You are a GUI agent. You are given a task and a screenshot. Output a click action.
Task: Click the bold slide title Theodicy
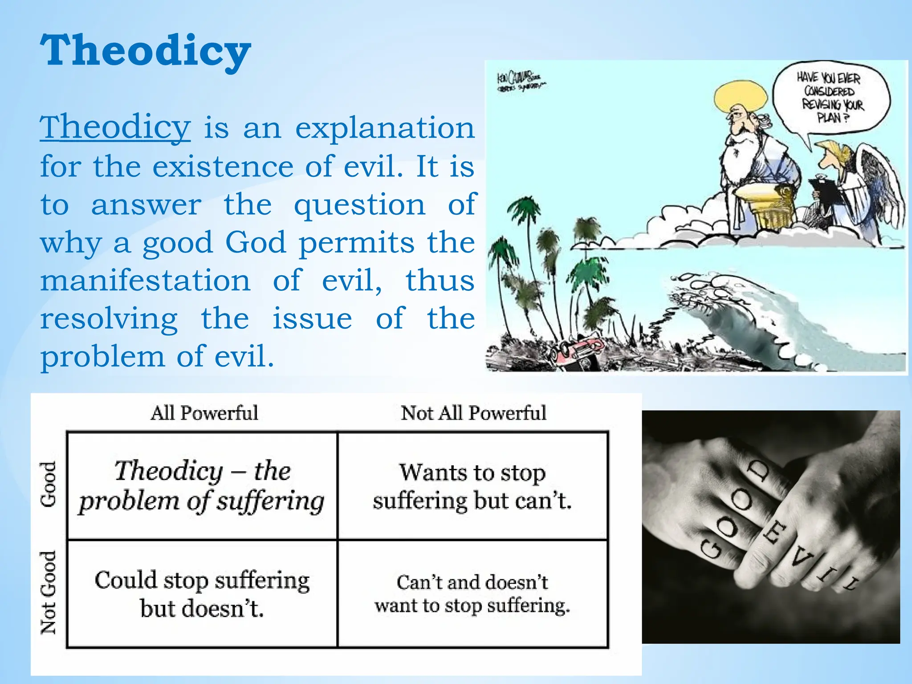pos(145,51)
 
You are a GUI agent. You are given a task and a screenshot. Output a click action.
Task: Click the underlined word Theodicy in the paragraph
pos(115,128)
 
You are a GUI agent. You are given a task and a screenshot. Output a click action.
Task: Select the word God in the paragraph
pos(255,243)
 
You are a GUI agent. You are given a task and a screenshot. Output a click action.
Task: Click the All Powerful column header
pos(204,413)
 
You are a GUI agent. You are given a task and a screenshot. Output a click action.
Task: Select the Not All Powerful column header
pos(473,413)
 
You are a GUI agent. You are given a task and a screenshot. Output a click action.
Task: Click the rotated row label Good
pos(48,484)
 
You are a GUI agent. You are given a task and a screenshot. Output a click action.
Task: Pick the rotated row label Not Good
pos(48,593)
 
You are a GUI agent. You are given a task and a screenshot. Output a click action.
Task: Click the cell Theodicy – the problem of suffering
pos(202,486)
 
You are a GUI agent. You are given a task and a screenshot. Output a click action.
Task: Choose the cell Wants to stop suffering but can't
pos(472,486)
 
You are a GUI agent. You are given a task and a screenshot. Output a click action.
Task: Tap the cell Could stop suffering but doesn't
pos(202,594)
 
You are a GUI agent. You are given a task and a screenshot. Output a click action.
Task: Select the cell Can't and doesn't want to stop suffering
pos(472,594)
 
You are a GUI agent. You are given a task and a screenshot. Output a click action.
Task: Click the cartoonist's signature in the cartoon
pos(520,82)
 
